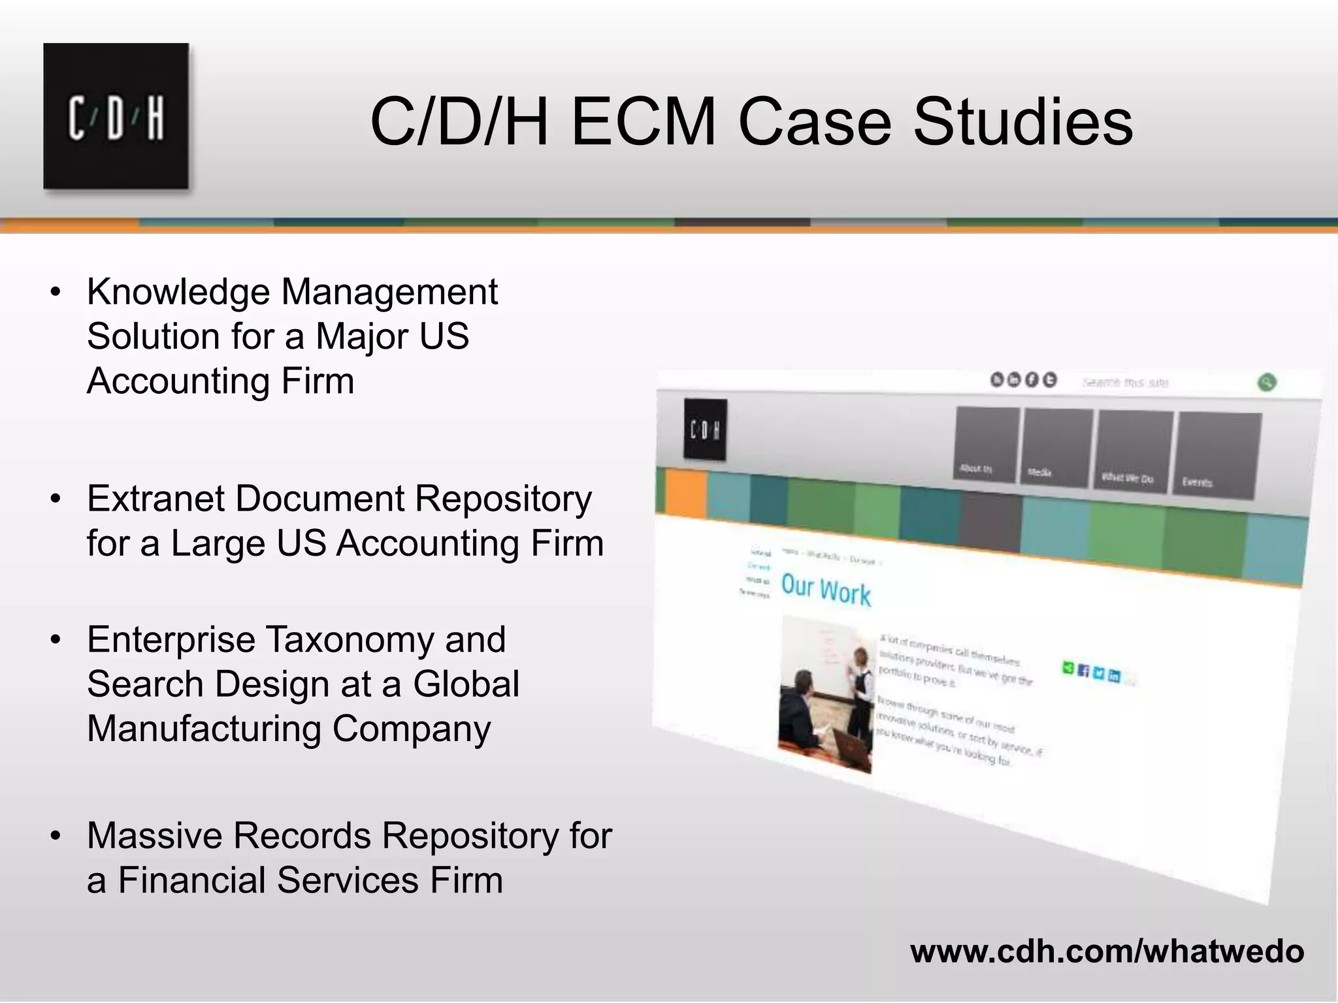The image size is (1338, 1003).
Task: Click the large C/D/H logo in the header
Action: [116, 117]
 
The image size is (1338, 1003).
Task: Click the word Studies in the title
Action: [1022, 122]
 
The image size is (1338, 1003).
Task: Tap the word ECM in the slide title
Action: [644, 122]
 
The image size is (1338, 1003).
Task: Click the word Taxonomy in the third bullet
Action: [350, 639]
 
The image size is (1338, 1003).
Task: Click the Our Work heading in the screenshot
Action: [826, 590]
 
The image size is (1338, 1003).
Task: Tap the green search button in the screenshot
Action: [1266, 383]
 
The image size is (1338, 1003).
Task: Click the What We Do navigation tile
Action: [1134, 450]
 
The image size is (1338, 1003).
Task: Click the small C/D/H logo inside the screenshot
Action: [704, 430]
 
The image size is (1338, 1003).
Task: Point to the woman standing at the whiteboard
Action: [861, 679]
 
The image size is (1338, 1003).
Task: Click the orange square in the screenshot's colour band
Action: [686, 492]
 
